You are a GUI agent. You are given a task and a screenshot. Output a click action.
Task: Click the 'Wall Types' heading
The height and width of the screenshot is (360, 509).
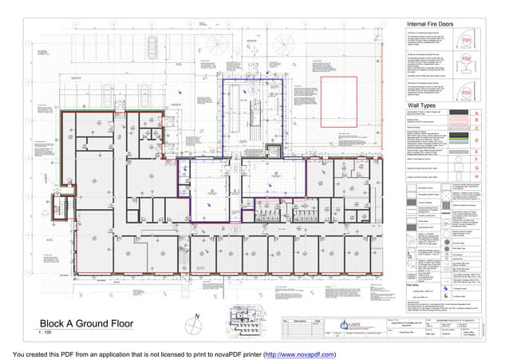(x=426, y=105)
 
